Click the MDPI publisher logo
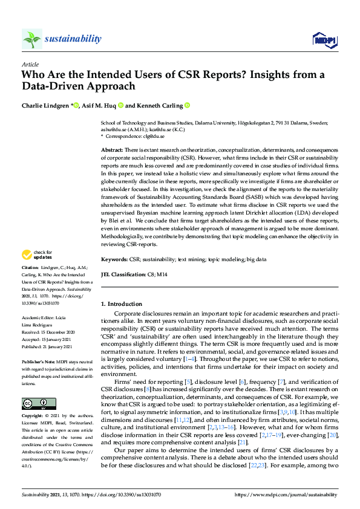point(324,40)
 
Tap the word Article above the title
point(30,64)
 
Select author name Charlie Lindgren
point(45,106)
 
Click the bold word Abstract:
point(113,149)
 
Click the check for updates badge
point(38,254)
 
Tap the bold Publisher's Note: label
point(38,357)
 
